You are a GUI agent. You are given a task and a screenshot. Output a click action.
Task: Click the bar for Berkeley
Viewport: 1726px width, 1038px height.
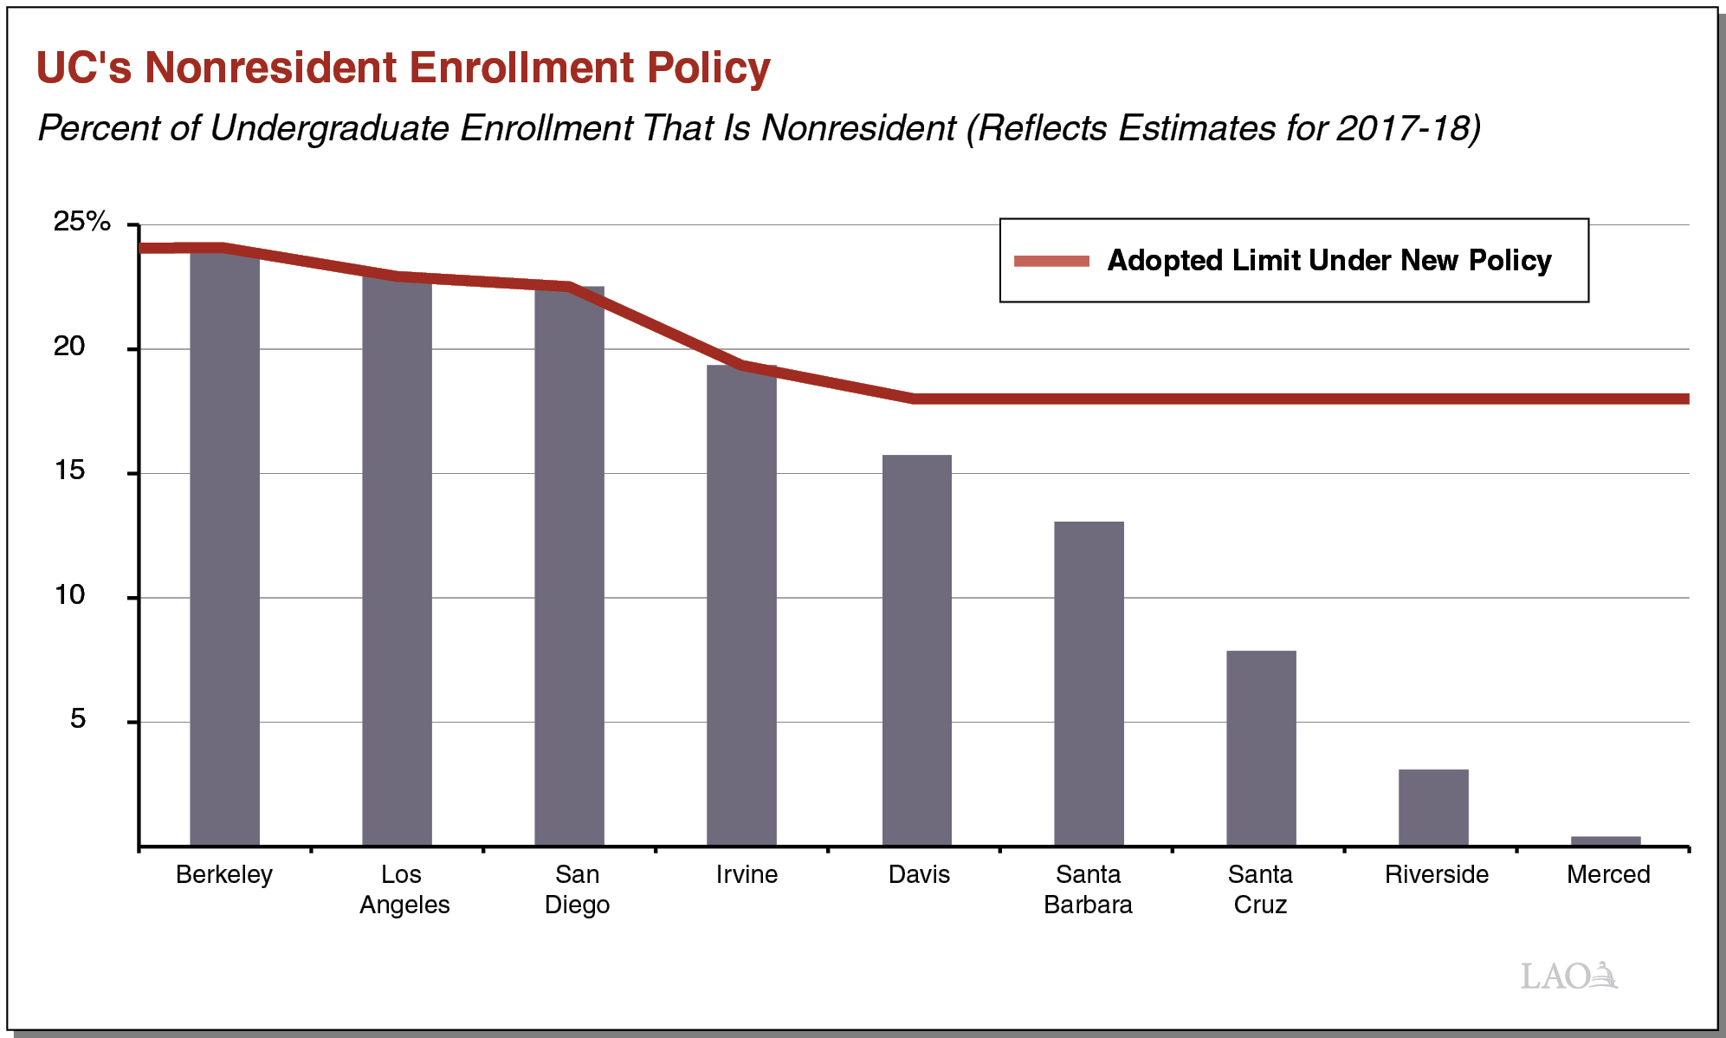pyautogui.click(x=224, y=546)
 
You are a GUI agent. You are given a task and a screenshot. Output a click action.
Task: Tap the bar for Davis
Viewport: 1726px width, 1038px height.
pyautogui.click(x=916, y=650)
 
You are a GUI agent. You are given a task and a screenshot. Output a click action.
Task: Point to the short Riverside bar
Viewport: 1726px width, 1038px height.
pyautogui.click(x=1433, y=808)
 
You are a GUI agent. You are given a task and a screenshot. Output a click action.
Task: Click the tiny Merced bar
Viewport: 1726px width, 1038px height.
pyautogui.click(x=1606, y=840)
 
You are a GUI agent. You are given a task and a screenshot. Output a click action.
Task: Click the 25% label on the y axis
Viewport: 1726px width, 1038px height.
pyautogui.click(x=82, y=222)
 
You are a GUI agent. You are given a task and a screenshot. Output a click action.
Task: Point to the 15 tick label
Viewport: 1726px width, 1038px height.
pyautogui.click(x=69, y=470)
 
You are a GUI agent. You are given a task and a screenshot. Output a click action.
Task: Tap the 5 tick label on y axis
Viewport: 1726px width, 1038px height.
pyautogui.click(x=78, y=719)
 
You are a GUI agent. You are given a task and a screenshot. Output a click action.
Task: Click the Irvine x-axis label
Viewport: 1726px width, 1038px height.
pyautogui.click(x=747, y=874)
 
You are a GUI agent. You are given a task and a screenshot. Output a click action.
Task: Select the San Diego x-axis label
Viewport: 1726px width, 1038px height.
pyautogui.click(x=577, y=889)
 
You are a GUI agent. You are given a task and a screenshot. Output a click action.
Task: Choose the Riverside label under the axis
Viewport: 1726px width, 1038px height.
pyautogui.click(x=1436, y=874)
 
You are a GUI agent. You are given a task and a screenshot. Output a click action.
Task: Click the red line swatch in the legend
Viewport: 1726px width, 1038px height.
pyautogui.click(x=1051, y=261)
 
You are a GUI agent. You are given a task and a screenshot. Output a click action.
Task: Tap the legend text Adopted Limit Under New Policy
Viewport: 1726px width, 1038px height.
pyautogui.click(x=1328, y=261)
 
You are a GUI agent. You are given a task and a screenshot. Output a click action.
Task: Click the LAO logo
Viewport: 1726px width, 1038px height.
pyautogui.click(x=1568, y=976)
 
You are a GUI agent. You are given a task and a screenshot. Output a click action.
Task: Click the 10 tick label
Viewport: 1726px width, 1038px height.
pyautogui.click(x=69, y=595)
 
